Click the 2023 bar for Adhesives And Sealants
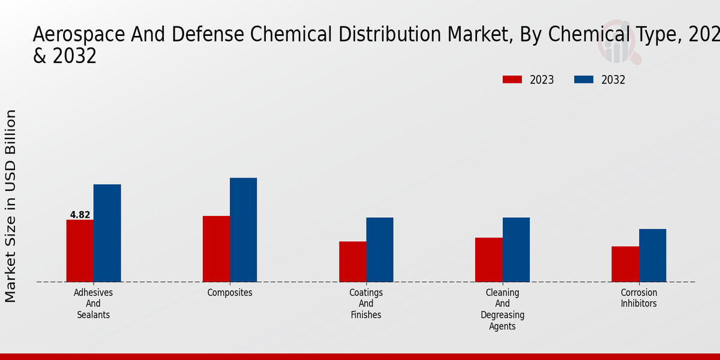80,251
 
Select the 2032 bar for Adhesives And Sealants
107,233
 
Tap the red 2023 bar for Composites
216,248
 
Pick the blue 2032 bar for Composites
243,230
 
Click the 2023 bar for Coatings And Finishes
352,262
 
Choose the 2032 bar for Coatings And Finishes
380,250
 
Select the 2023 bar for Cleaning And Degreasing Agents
488,260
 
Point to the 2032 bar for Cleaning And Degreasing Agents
516,250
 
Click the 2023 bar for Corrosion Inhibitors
625,264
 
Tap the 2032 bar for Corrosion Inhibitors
652,255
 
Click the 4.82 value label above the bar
80,215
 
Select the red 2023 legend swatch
512,80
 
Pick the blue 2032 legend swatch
584,80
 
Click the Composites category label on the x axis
230,293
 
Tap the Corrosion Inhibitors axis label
638,298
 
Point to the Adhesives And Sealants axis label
93,304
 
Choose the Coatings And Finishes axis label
366,304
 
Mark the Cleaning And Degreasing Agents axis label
502,310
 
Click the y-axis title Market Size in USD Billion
11,206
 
